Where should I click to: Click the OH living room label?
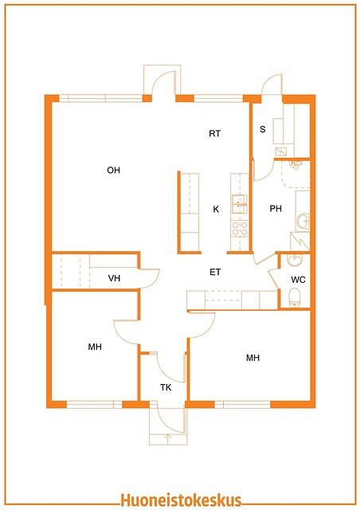pos(114,170)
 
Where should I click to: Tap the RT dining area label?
pos(214,133)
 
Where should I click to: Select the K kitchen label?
pos(216,209)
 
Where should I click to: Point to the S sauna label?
pos(263,129)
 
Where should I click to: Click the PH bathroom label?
pos(276,209)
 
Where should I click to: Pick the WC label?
pos(298,280)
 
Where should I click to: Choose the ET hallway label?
pos(215,272)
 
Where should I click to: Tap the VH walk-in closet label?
pos(114,278)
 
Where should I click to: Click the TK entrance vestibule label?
pos(166,387)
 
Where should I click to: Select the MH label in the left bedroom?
pos(95,347)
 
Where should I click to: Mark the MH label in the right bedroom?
pos(252,358)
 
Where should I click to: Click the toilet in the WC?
pos(295,297)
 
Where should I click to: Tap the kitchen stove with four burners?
pos(240,228)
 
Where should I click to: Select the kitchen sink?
pos(240,204)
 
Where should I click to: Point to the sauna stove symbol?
pos(281,151)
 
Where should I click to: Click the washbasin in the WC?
pos(295,260)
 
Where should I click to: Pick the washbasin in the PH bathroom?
pos(303,222)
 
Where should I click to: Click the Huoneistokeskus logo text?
pos(181,500)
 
